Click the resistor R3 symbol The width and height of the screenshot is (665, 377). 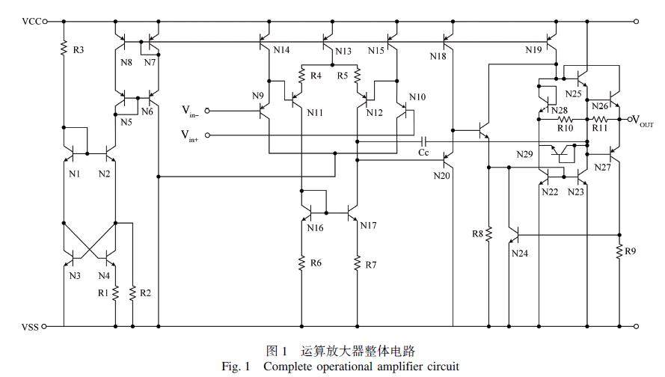pos(64,49)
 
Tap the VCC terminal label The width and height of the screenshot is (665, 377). pos(31,22)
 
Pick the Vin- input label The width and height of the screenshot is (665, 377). pos(191,111)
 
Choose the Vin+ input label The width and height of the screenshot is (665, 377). pos(191,135)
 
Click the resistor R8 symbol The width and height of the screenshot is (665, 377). pos(488,234)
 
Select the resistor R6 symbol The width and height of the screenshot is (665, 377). pos(301,263)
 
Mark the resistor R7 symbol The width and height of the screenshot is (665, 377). pos(357,263)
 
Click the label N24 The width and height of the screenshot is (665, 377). pos(520,253)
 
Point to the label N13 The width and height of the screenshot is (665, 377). pos(342,52)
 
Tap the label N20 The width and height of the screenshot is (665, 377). pos(441,177)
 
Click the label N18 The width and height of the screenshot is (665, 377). pos(438,55)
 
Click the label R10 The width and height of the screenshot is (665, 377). pos(565,128)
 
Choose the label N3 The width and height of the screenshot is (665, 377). pos(74,276)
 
